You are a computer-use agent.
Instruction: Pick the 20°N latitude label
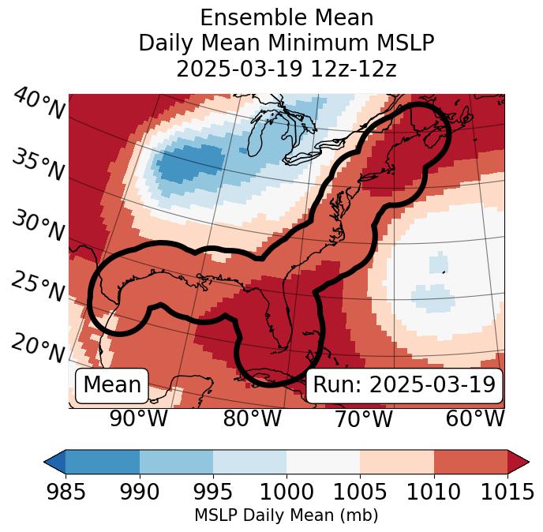(38, 347)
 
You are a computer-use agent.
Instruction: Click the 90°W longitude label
(139, 418)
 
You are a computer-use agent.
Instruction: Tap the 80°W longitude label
(252, 418)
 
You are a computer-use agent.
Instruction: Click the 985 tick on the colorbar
(66, 492)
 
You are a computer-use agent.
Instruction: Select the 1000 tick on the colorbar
(286, 492)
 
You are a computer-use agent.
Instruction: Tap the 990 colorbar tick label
(140, 492)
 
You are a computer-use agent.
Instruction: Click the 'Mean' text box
(112, 385)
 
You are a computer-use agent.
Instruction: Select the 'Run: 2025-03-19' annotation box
(404, 385)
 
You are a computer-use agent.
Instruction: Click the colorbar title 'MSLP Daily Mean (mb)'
(286, 516)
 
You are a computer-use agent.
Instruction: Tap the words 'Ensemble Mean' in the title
(286, 17)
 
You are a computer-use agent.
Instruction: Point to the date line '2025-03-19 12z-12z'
(286, 69)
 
